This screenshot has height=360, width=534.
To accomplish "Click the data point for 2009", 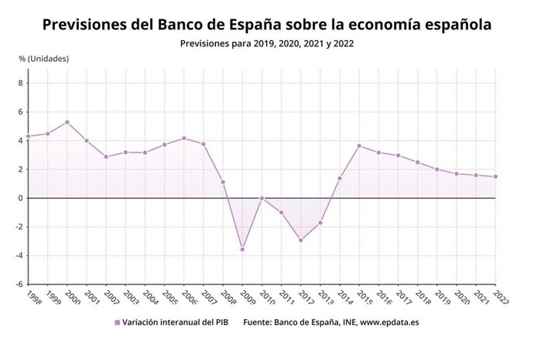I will [242, 249].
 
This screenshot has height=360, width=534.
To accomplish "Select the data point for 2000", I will [67, 122].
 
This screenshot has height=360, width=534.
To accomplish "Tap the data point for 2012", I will [301, 240].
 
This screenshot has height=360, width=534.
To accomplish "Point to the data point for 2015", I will [359, 146].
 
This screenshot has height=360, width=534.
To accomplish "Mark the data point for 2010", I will [262, 198].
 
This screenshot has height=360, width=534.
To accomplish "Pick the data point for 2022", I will [495, 177].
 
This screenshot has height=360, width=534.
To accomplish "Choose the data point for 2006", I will [183, 139].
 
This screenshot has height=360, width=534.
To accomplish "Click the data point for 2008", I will [223, 182].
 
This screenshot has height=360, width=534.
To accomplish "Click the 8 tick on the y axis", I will [21, 84].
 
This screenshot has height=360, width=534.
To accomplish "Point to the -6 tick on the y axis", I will [19, 284].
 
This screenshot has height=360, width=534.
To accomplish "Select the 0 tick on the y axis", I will [21, 198].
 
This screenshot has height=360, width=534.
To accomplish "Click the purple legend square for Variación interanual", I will [117, 321].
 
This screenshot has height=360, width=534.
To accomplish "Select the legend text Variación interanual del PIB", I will [177, 321].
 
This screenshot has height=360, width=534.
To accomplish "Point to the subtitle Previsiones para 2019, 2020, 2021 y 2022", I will [266, 44].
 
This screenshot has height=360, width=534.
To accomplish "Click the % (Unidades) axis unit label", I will [43, 59].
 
